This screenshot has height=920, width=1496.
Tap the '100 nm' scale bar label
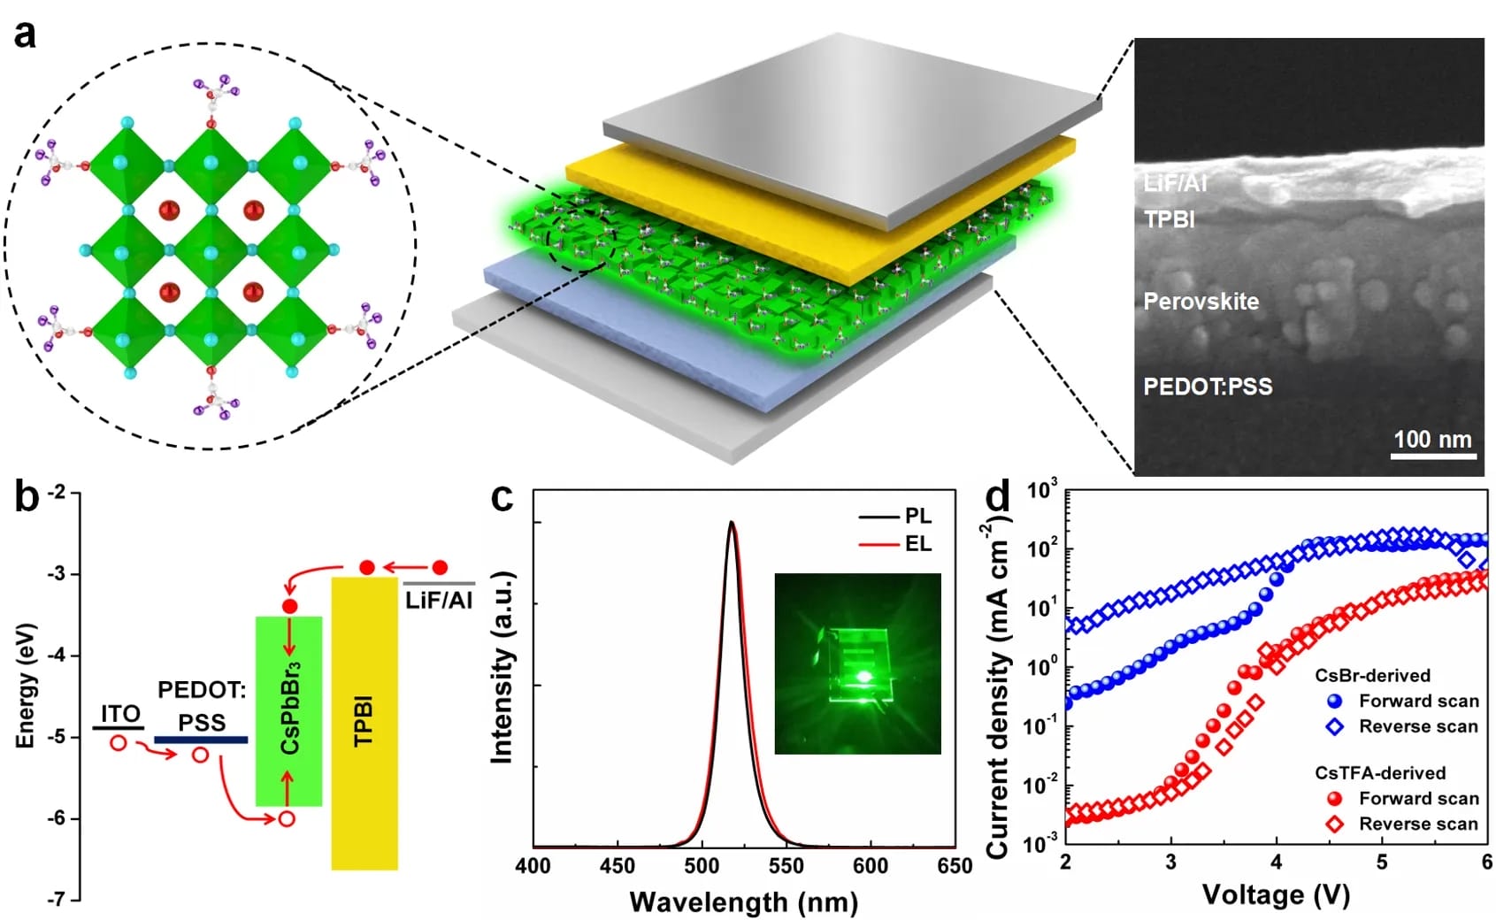coord(1432,439)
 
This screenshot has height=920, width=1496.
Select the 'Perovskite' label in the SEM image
coord(1201,302)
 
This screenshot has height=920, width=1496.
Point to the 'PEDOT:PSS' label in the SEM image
coord(1208,387)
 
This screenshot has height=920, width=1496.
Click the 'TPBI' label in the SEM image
coord(1169,219)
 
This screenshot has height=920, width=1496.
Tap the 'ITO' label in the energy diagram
coord(120,714)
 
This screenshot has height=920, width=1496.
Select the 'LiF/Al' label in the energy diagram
coord(439,600)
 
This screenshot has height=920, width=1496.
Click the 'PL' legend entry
coord(917,516)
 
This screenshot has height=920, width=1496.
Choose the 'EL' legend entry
coord(917,543)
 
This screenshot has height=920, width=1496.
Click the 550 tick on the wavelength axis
coord(786,866)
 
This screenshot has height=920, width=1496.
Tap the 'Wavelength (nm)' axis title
coord(743,902)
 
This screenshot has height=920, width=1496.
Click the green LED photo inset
coord(857,663)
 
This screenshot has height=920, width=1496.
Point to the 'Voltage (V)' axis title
coord(1275,895)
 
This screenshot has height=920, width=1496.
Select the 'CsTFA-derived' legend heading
coord(1379,772)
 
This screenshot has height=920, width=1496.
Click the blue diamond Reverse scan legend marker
coord(1335,726)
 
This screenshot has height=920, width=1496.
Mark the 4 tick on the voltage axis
coord(1276,862)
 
